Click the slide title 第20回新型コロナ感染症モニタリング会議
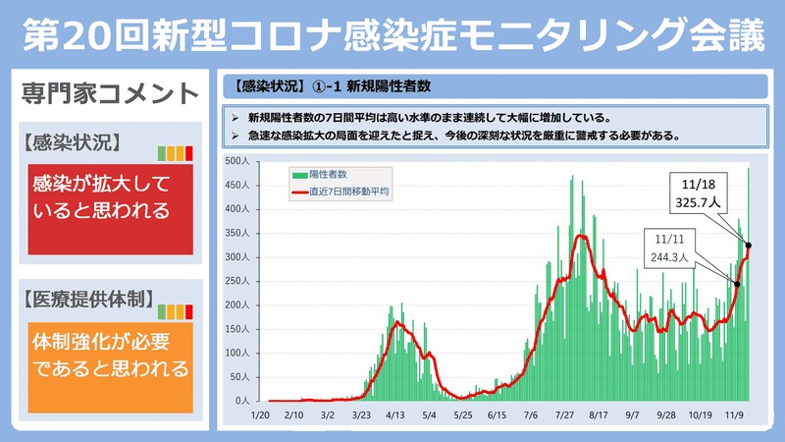(392, 33)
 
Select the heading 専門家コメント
(109, 94)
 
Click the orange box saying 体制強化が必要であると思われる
(108, 356)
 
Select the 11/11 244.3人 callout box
(671, 249)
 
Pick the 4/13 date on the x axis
(395, 415)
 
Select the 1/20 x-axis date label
(260, 415)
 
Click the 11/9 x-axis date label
(734, 415)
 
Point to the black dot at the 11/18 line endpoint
(749, 245)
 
